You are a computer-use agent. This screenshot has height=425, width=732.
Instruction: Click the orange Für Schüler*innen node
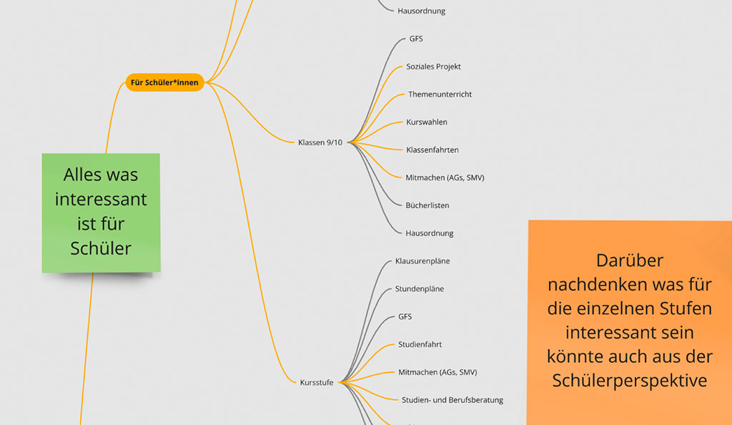(x=164, y=83)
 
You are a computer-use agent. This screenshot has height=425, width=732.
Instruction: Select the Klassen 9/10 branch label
(x=320, y=142)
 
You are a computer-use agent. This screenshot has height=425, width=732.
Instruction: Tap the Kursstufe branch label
(x=316, y=383)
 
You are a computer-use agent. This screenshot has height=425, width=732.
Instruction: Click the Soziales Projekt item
(x=433, y=67)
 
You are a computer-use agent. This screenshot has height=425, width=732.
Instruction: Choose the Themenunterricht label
(x=440, y=94)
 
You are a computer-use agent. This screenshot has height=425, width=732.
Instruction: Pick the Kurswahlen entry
(x=427, y=122)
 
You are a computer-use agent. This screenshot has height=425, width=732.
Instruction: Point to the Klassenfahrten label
(x=432, y=150)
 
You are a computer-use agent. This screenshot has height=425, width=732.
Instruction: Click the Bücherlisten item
(x=427, y=205)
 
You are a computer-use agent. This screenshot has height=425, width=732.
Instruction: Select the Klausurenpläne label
(x=422, y=261)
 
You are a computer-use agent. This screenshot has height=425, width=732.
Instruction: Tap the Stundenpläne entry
(x=420, y=289)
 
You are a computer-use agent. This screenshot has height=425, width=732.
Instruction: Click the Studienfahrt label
(x=420, y=345)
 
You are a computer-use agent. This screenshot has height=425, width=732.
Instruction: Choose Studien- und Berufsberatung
(x=452, y=400)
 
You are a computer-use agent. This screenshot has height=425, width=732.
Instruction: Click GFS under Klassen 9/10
(x=416, y=39)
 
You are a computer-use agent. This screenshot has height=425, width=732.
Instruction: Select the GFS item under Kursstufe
(x=405, y=317)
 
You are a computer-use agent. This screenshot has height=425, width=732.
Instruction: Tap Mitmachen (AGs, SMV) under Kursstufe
(x=437, y=372)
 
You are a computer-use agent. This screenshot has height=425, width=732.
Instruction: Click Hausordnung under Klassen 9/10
(x=429, y=233)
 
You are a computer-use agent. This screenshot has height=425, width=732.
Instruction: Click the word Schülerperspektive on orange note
(x=629, y=380)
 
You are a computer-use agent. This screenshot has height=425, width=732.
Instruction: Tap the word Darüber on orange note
(x=629, y=260)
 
